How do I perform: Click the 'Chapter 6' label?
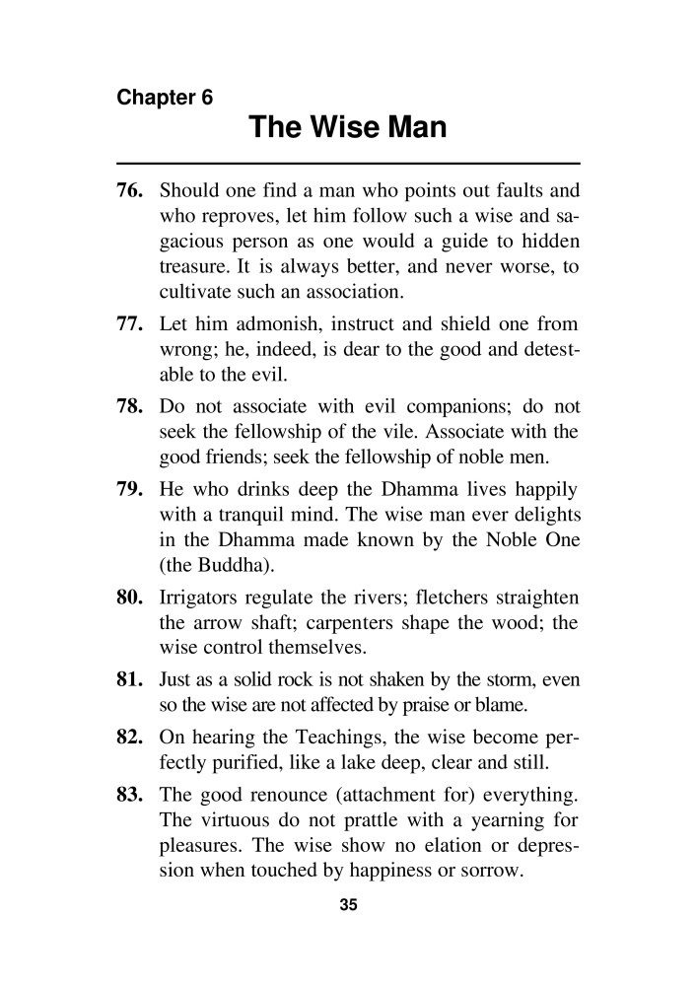click(165, 99)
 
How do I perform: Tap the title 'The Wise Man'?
click(348, 128)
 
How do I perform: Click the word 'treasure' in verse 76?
click(194, 266)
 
